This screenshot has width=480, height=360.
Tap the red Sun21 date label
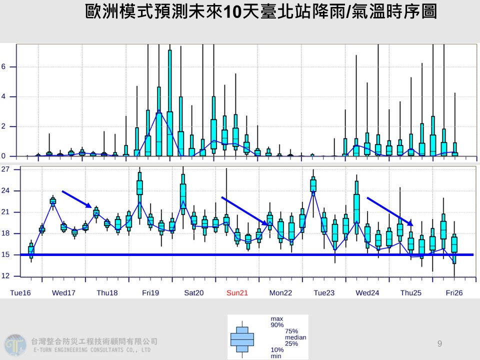click(237, 292)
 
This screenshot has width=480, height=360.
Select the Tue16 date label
click(20, 292)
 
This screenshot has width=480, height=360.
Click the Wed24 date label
click(367, 292)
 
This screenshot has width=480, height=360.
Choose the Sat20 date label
click(194, 292)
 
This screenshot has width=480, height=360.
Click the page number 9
click(439, 343)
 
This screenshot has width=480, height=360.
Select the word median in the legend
click(295, 337)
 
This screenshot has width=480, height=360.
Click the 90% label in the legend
click(277, 325)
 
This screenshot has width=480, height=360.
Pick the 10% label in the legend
click(277, 349)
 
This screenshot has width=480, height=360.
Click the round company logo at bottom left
click(14, 345)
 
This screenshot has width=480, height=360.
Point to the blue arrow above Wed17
click(76, 198)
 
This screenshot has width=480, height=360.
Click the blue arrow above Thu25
click(390, 211)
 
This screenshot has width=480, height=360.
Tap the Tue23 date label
click(324, 292)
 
